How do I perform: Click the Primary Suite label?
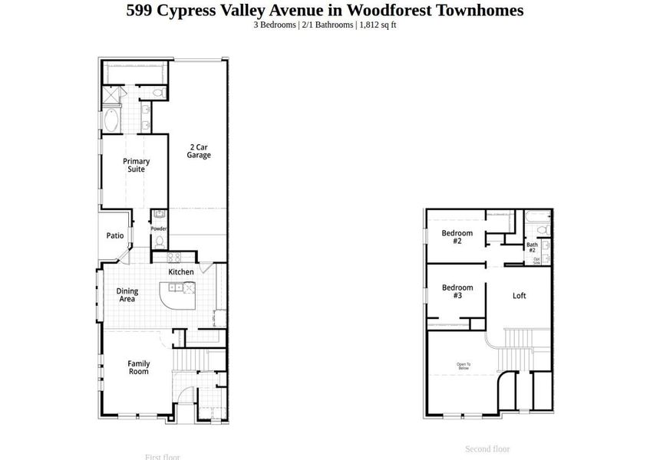137,165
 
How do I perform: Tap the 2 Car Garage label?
199,151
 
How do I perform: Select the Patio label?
115,235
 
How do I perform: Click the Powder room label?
159,228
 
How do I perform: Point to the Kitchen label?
181,272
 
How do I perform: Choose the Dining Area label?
127,295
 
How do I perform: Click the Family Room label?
138,367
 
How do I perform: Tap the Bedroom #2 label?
457,237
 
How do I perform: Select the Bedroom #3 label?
457,291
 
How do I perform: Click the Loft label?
520,295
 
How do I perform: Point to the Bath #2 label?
532,248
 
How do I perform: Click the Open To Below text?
464,366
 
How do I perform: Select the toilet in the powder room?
159,241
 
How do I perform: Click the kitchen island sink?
177,287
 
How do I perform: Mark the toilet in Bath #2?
542,228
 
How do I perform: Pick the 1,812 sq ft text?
377,25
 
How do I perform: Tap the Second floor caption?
487,449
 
